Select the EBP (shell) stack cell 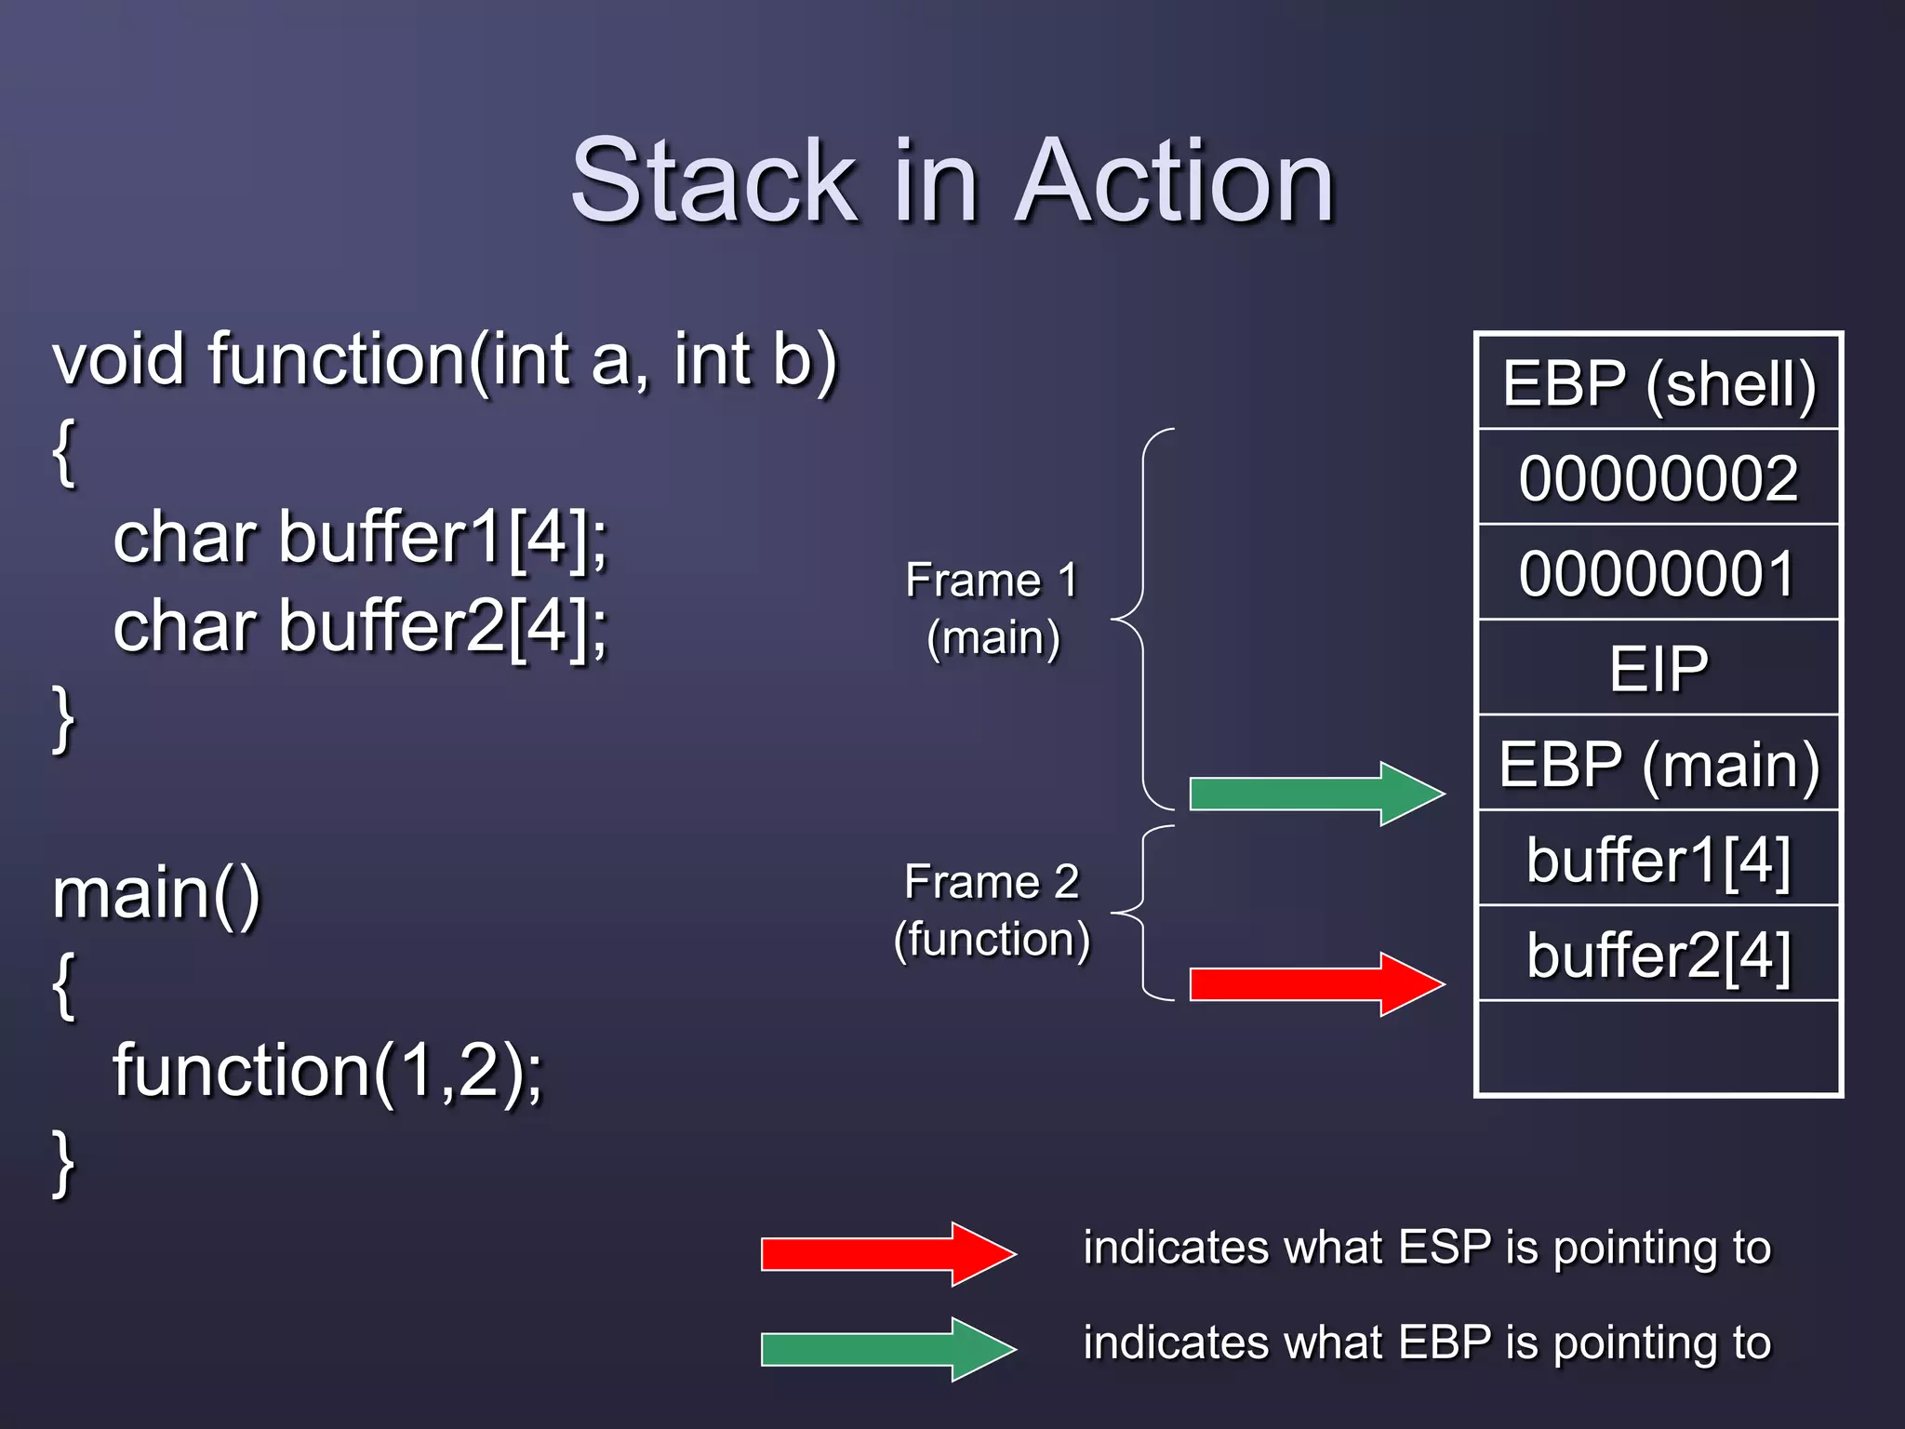tap(1659, 383)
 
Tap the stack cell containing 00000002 tap(1659, 478)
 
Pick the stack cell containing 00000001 tap(1659, 573)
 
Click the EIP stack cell tap(1659, 668)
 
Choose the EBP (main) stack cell tap(1659, 764)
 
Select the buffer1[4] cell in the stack tap(1659, 859)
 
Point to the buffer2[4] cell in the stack tap(1659, 955)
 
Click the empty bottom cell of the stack tap(1659, 1048)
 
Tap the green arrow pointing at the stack tap(1315, 794)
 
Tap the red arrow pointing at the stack tap(1315, 984)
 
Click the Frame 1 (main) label tap(992, 608)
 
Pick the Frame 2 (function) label tap(992, 910)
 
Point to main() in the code tap(156, 893)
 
